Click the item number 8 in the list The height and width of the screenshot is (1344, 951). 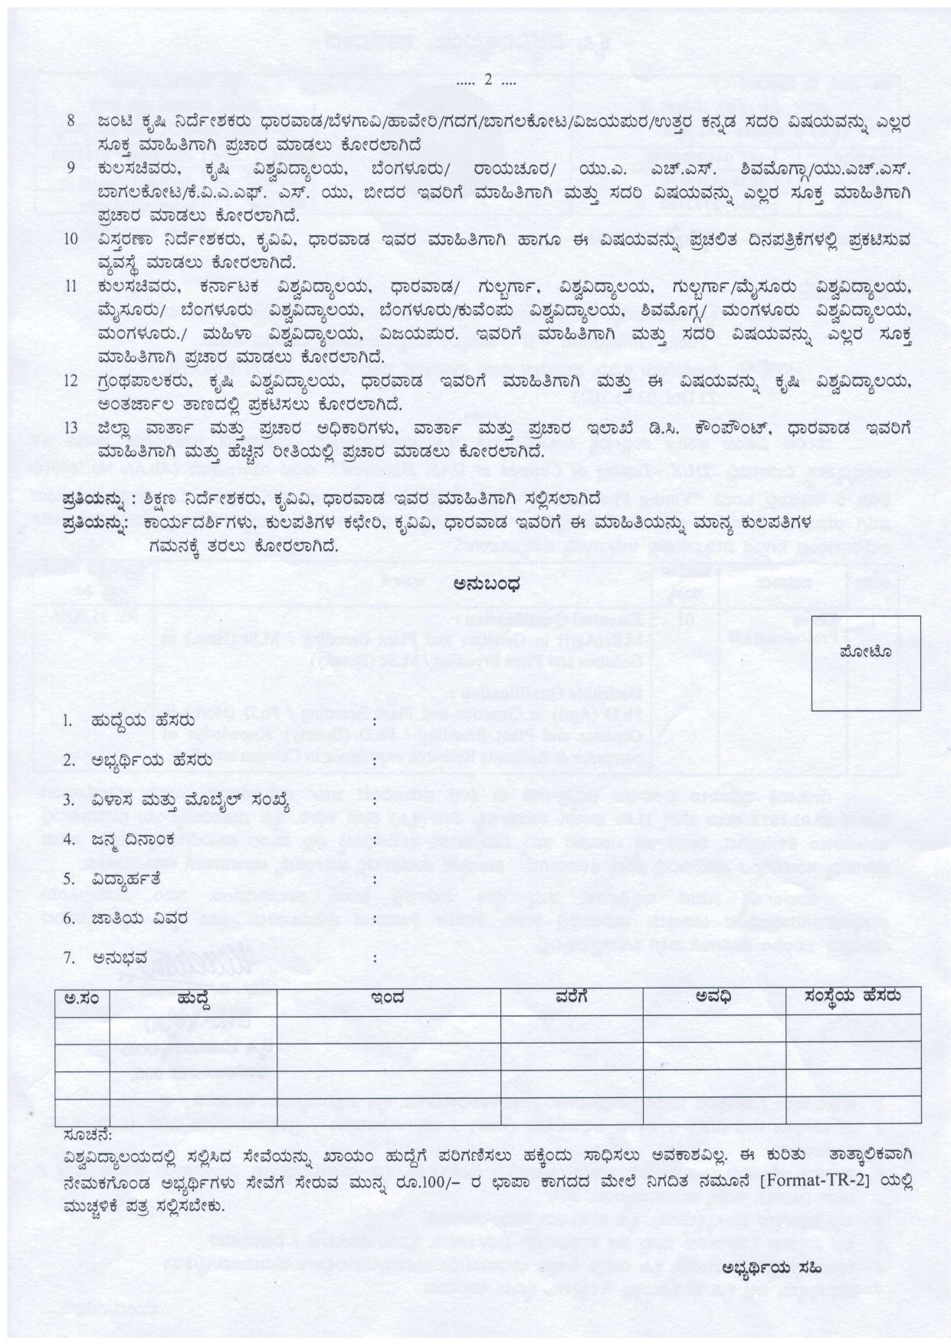[x=71, y=121]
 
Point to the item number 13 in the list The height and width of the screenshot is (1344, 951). [x=71, y=427]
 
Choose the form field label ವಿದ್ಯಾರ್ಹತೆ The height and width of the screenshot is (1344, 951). [x=126, y=878]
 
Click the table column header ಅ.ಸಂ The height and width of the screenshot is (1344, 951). [x=82, y=998]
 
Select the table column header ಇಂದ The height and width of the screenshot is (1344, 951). [x=388, y=998]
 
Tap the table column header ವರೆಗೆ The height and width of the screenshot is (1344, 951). [x=572, y=998]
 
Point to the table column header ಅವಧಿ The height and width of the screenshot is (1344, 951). [x=714, y=997]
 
